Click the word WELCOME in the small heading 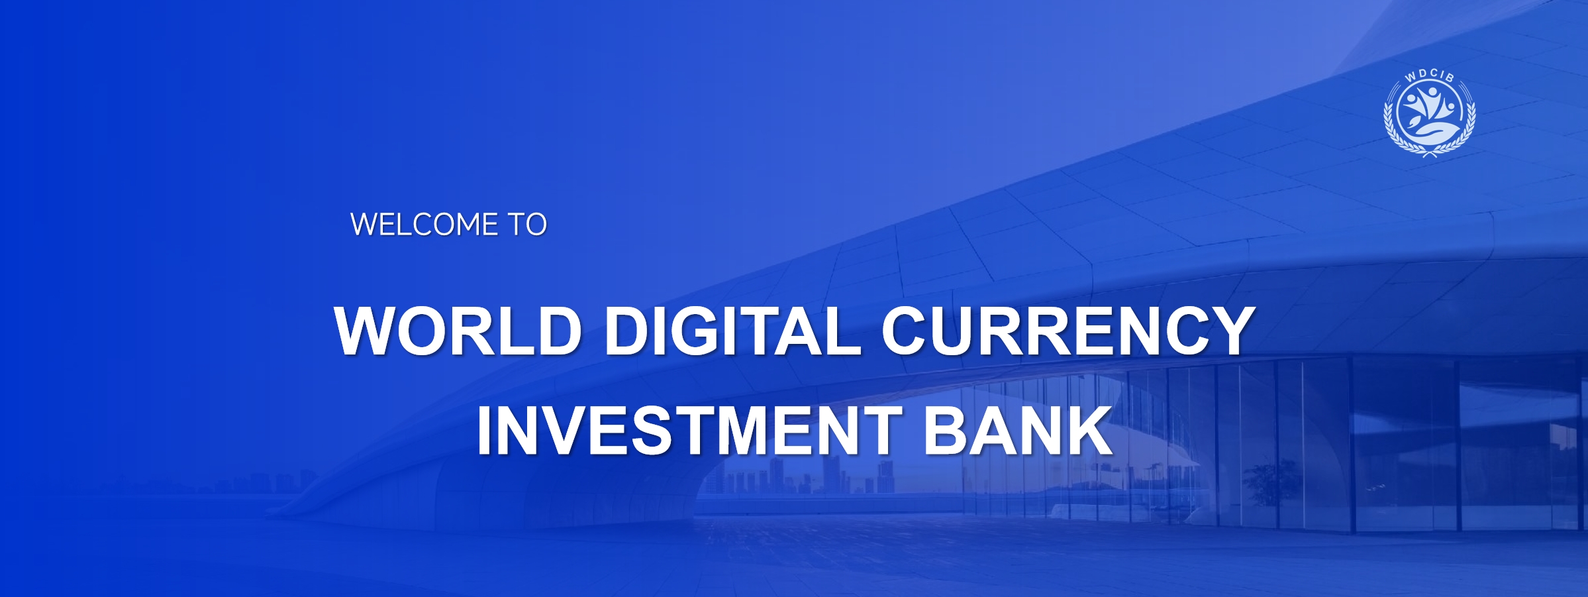[424, 225]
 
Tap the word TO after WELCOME [527, 225]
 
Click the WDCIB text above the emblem [1430, 76]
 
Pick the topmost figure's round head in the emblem [1432, 91]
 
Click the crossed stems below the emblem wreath [1430, 154]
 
